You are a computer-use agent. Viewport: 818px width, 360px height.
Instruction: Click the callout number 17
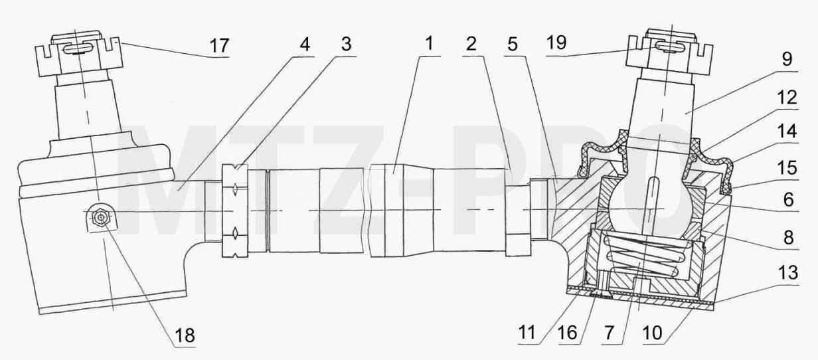click(x=219, y=46)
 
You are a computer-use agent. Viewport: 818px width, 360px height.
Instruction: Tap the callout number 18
click(x=185, y=334)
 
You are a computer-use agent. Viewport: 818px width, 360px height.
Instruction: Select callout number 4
click(x=305, y=45)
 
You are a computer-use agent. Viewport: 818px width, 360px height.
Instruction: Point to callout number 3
click(x=346, y=45)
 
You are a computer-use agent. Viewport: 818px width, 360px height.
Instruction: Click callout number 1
click(x=429, y=43)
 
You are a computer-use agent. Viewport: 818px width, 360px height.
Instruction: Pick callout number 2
click(x=471, y=45)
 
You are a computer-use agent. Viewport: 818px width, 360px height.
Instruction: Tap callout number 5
click(x=513, y=45)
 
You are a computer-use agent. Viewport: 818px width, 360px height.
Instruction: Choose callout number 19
click(x=556, y=43)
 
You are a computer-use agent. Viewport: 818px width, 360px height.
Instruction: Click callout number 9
click(x=787, y=59)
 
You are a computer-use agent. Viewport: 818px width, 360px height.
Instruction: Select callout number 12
click(x=787, y=98)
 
